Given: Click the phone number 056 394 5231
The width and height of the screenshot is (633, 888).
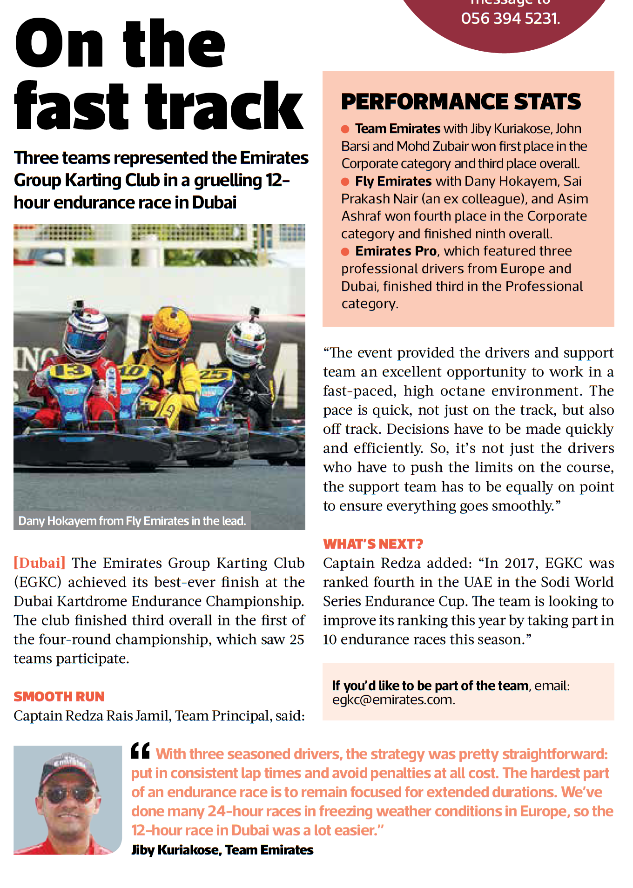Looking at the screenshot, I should click(x=510, y=19).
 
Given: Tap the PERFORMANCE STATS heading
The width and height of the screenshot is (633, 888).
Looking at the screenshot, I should click(x=461, y=102).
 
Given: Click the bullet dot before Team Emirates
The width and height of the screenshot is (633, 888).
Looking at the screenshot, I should click(x=345, y=129).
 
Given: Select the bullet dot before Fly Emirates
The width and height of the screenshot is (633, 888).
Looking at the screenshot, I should click(x=345, y=182).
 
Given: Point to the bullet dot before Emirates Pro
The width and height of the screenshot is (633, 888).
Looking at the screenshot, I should click(x=345, y=252).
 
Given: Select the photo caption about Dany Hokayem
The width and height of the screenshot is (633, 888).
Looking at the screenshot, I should click(x=132, y=521).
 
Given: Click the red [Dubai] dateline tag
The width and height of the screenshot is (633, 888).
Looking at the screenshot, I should click(x=40, y=563).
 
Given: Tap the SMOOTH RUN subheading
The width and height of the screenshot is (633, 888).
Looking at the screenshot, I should click(x=59, y=697).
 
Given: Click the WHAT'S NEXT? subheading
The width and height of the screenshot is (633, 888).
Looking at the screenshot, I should click(x=373, y=544).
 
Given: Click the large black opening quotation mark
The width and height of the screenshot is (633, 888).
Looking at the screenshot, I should click(x=140, y=751).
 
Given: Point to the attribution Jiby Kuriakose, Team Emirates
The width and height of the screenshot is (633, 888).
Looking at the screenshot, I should click(x=222, y=850).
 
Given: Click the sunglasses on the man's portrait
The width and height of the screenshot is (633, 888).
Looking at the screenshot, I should click(x=68, y=794).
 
